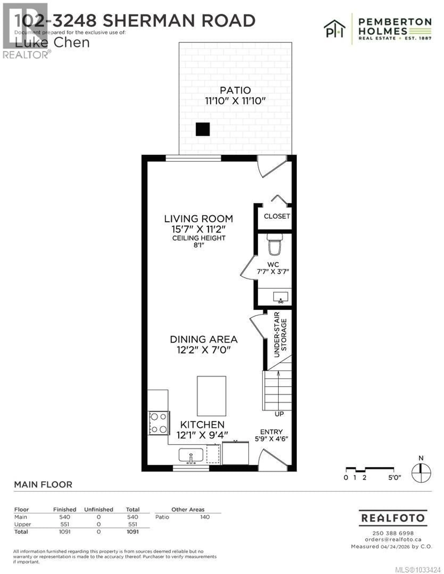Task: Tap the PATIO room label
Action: (x=235, y=90)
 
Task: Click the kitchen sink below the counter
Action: (x=191, y=455)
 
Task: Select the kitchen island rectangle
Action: (x=211, y=396)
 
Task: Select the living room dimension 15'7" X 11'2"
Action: (x=199, y=229)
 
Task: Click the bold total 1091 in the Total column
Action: (x=133, y=532)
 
